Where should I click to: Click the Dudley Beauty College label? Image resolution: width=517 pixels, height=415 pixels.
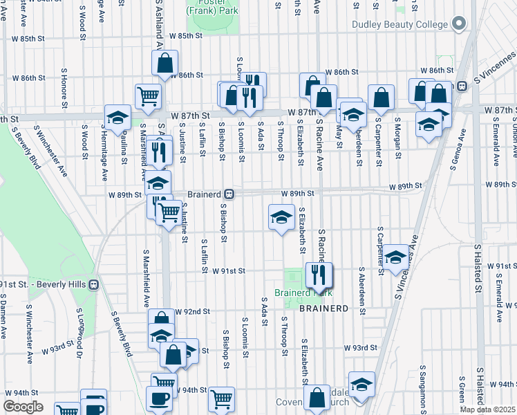pyautogui.click(x=399, y=24)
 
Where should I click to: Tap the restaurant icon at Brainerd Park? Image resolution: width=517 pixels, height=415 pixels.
pyautogui.click(x=318, y=274)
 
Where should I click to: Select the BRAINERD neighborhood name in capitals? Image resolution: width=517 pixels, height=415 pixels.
pyautogui.click(x=323, y=308)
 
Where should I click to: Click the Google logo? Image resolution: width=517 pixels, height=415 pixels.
pyautogui.click(x=23, y=406)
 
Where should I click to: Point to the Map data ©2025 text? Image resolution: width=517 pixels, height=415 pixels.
pyautogui.click(x=488, y=409)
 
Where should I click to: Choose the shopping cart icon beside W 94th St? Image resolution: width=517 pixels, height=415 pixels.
pyautogui.click(x=221, y=398)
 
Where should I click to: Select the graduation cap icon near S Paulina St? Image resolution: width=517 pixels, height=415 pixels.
pyautogui.click(x=117, y=117)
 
